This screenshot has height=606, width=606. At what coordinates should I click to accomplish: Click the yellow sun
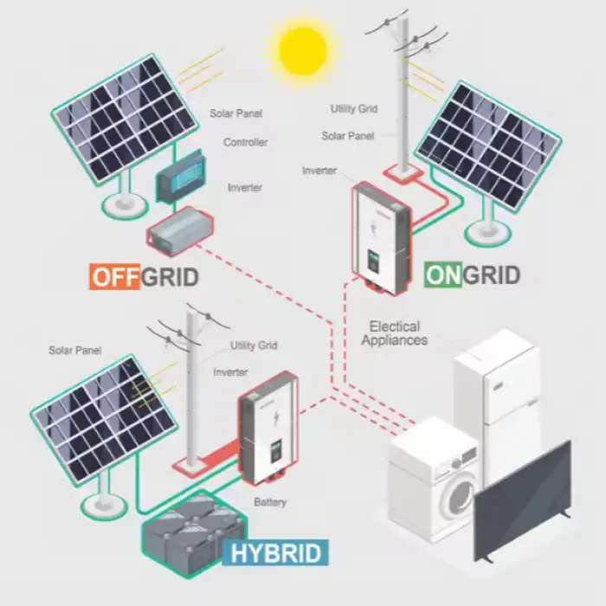303,50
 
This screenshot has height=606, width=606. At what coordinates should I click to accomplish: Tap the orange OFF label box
114,276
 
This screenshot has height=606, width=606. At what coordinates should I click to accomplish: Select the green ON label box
443,274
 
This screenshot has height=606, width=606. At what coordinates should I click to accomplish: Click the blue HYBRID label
275,552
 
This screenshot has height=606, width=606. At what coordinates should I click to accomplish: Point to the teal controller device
181,176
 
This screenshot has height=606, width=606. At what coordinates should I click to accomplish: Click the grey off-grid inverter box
180,231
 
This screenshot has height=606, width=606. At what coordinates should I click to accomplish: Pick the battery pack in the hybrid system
193,534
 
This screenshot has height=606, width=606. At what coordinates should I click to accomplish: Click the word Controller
245,142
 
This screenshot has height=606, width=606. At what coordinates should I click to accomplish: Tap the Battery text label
270,502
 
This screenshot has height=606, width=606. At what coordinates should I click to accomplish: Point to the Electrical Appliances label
395,333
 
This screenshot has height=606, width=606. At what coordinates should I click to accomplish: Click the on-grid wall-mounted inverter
381,239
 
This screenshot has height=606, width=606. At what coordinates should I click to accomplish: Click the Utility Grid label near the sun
354,108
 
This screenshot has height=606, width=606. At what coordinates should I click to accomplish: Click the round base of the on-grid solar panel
487,232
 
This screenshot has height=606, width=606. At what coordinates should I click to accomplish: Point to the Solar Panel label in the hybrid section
75,350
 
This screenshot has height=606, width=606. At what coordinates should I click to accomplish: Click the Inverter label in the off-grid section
245,188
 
